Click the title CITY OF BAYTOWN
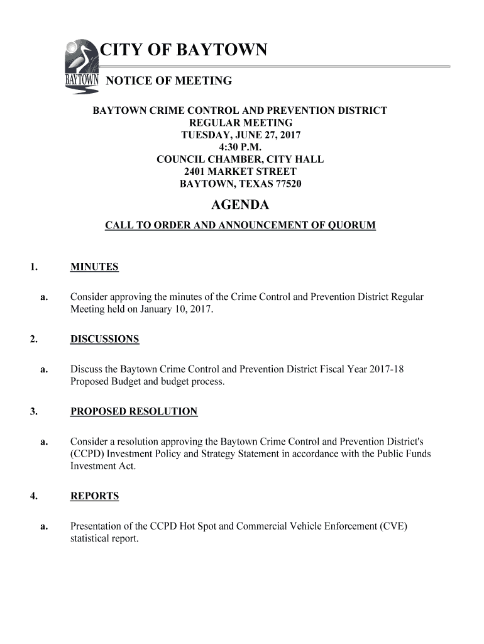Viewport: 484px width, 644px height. pos(184,50)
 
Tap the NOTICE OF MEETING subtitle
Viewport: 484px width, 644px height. pos(168,81)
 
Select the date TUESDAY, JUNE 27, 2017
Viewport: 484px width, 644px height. pos(240,135)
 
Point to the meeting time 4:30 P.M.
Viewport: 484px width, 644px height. pos(240,147)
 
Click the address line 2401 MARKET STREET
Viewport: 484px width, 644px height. pos(240,172)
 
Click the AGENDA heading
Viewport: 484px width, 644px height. pos(239,205)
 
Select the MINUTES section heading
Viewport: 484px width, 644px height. pos(94,267)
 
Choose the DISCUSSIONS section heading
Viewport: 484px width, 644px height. pos(104,340)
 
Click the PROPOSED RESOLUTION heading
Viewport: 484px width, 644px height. pos(134,412)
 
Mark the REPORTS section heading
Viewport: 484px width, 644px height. pos(94,496)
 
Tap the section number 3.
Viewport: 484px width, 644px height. pos(32,412)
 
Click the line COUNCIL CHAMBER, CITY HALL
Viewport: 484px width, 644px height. pos(240,159)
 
